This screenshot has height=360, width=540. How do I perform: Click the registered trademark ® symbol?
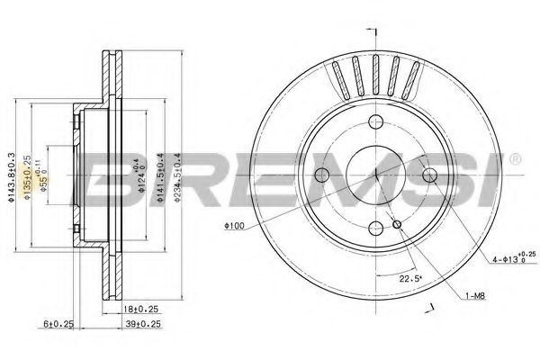(x=515, y=160)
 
